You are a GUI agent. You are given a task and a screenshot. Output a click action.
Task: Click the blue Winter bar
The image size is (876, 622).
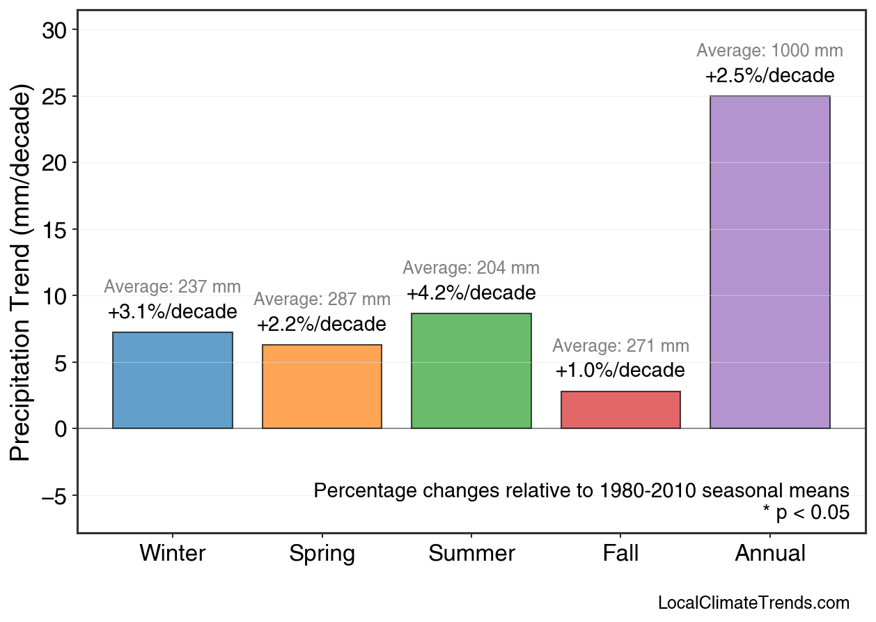point(172,380)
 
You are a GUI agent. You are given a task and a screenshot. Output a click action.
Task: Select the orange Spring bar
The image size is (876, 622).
point(322,387)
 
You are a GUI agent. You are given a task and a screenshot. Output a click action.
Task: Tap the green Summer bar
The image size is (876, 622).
point(471,371)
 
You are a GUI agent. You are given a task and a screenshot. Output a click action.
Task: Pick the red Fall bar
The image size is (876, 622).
point(620,410)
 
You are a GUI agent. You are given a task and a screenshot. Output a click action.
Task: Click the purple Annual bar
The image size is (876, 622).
point(769,262)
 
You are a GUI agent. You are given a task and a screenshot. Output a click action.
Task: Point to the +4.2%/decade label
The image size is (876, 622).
point(471,293)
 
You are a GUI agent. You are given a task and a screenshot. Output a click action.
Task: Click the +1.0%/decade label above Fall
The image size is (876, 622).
point(620,371)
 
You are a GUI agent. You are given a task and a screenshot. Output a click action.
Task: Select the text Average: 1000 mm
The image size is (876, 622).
point(769,51)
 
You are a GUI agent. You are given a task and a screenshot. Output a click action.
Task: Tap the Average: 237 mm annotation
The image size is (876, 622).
point(172,287)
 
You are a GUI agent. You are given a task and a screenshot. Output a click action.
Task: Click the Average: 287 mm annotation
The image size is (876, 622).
point(322,300)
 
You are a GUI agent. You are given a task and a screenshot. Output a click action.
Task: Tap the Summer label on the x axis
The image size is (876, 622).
point(471,554)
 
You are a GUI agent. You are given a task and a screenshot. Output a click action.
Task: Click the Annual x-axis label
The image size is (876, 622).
point(769,554)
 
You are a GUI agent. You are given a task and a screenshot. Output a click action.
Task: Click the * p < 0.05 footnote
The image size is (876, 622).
point(806,513)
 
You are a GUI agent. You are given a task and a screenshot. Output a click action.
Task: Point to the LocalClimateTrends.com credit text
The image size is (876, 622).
point(753,603)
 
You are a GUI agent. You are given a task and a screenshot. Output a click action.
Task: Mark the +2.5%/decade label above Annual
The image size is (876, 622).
point(769,75)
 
